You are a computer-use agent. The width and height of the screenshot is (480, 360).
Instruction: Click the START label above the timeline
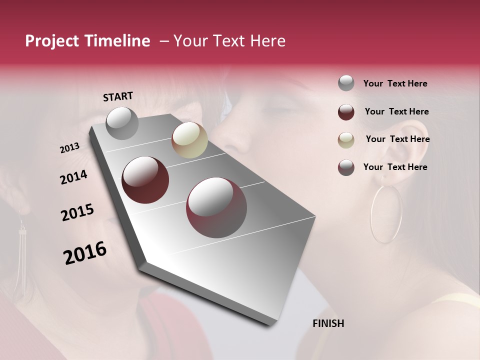118,96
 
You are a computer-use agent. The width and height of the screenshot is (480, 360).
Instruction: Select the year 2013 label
69,148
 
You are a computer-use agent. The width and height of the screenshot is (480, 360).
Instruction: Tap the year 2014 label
73,177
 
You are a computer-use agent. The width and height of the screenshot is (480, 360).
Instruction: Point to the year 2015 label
77,212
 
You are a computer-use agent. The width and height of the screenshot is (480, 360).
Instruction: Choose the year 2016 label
85,252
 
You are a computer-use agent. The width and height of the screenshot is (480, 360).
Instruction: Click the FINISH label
328,323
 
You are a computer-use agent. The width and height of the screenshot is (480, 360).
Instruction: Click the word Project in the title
52,41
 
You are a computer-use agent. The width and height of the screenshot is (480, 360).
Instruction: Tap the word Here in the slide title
267,41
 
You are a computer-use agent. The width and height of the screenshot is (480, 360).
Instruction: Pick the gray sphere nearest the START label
122,123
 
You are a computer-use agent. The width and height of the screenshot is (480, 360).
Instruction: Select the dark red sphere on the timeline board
145,180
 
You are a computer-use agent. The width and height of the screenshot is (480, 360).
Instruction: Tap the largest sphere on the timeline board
216,207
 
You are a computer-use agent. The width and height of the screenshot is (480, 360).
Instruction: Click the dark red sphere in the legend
346,112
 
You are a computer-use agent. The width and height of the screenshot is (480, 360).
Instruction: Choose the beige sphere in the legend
346,140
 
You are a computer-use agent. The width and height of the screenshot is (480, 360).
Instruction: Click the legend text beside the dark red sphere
396,111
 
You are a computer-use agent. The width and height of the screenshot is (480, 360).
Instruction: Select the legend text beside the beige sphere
397,139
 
